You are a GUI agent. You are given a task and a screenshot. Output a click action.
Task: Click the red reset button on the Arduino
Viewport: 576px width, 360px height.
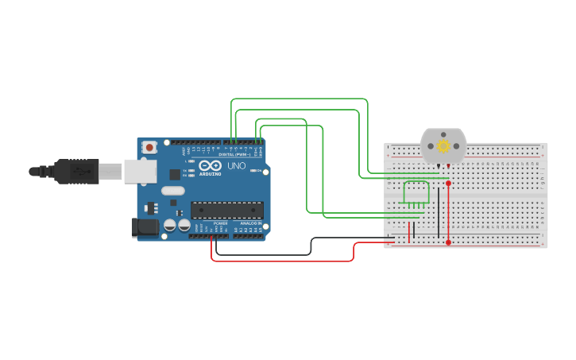coord(149,147)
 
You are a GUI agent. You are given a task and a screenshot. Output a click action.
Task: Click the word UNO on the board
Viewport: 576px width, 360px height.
coord(237,167)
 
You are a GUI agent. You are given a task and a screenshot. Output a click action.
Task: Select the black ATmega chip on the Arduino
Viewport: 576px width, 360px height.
coord(226,210)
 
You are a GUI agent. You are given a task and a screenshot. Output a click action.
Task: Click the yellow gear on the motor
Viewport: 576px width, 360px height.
coord(443,146)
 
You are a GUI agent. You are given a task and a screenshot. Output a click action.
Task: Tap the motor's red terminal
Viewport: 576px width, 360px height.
coord(449,166)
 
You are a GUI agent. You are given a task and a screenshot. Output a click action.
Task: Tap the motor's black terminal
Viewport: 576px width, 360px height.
coord(439,166)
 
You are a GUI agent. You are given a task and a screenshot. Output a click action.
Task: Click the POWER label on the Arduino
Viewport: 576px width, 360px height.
coord(220,223)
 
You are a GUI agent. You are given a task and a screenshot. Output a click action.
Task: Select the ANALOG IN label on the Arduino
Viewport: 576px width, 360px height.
coord(250,223)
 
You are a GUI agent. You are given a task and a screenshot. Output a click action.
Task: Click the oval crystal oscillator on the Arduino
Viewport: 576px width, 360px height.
coord(172,191)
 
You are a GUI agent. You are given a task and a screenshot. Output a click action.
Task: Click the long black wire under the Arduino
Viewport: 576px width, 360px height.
coord(262,255)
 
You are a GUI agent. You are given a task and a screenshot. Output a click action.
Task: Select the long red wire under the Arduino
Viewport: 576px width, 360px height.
coord(278,261)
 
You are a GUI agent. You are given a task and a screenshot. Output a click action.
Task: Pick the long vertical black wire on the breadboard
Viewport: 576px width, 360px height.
coord(439,213)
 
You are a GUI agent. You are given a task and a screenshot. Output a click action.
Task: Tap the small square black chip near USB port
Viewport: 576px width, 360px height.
coord(175,174)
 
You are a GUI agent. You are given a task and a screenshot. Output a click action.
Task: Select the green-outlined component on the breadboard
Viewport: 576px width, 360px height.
coord(417,193)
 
